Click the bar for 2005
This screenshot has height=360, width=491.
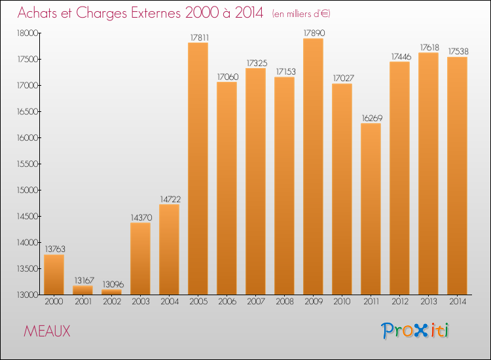198,169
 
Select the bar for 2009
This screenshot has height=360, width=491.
313,166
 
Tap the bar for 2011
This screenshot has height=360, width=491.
371,209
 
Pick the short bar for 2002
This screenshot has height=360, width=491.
111,292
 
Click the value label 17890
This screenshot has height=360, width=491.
313,33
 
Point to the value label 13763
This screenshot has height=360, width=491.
54,249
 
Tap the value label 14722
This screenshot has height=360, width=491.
169,198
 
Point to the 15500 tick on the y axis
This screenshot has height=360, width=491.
27,164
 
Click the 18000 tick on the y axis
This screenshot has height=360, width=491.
27,33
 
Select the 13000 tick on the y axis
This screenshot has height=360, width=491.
27,295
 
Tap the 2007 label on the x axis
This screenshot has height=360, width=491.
255,302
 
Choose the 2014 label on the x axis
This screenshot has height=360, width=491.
457,302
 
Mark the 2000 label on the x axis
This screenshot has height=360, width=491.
54,302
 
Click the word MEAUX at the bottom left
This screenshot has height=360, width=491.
47,332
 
